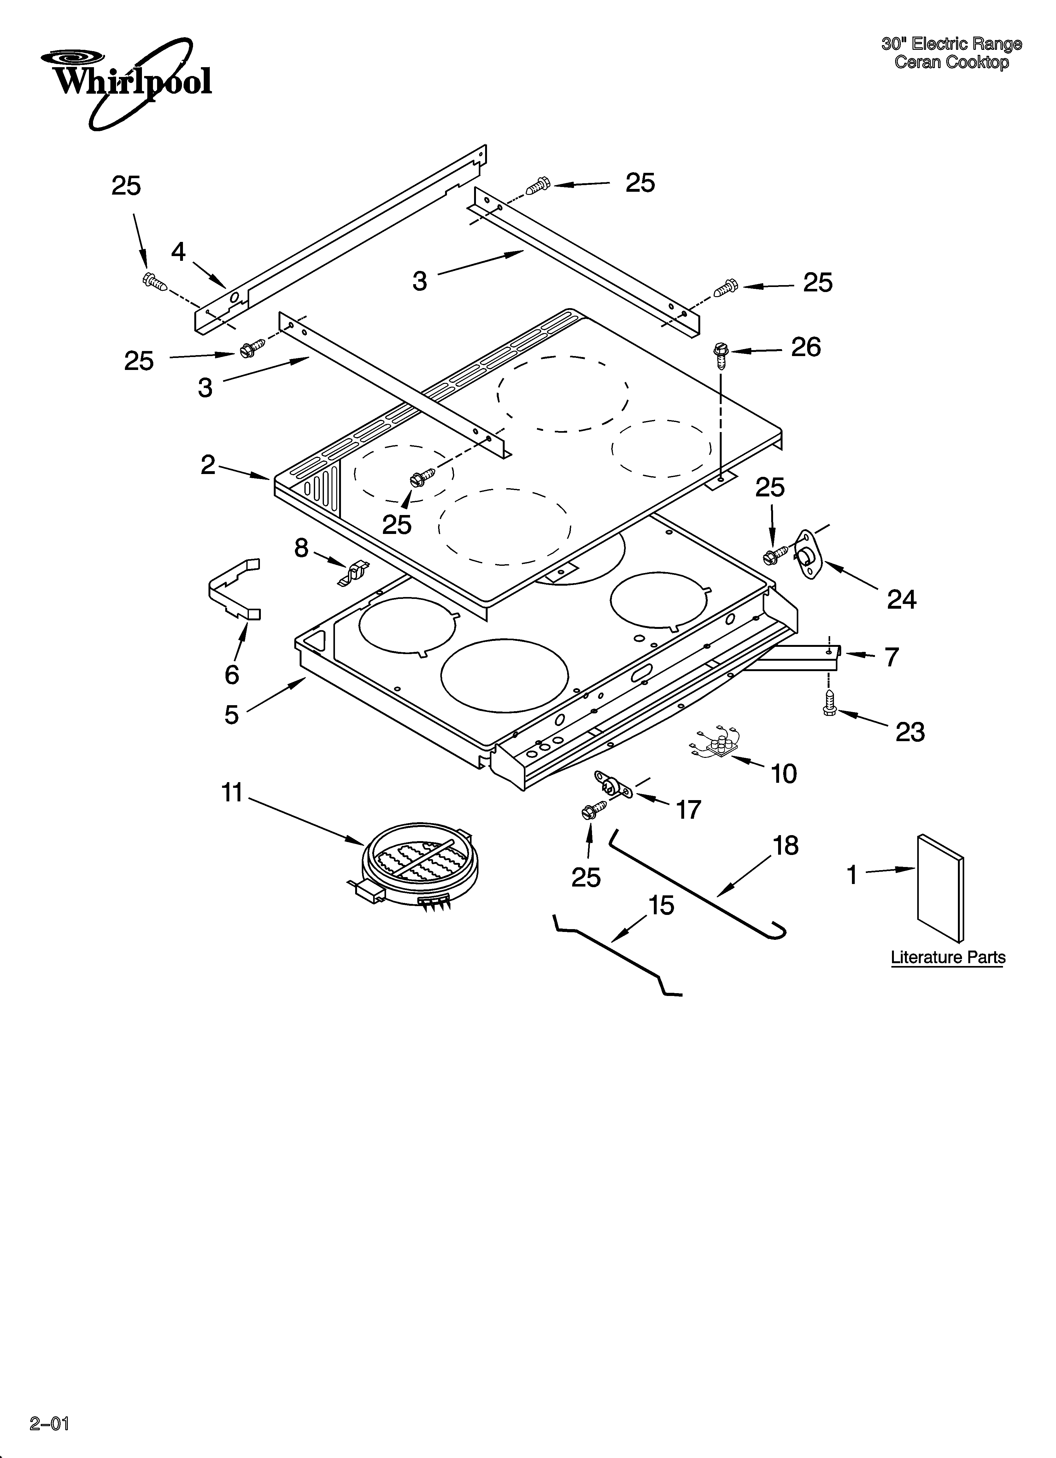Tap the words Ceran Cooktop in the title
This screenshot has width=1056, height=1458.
pos(951,62)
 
